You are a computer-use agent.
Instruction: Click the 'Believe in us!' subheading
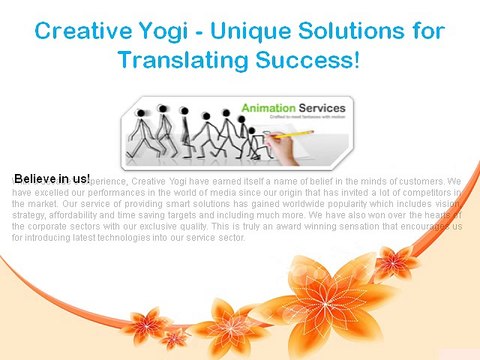[52, 177]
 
